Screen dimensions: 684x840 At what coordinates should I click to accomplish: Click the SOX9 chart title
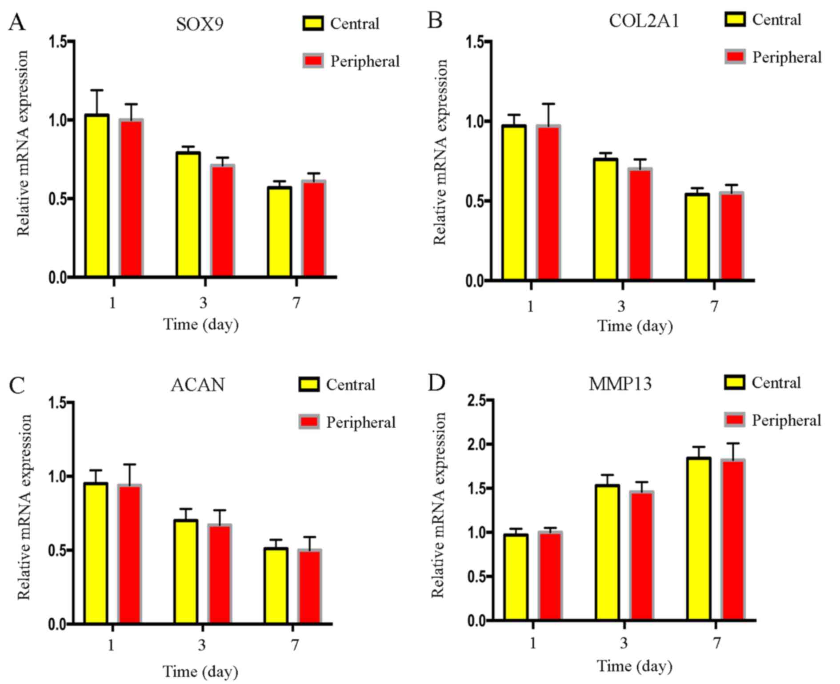point(200,24)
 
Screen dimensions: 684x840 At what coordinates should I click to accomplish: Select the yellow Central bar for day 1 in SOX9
point(97,195)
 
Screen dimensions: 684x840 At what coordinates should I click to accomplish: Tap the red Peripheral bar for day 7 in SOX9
point(314,228)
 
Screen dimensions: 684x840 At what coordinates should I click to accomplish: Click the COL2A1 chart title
point(644,21)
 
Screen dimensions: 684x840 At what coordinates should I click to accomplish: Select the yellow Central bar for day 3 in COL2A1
point(605,219)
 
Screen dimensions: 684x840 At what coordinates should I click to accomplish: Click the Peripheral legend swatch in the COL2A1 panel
point(735,57)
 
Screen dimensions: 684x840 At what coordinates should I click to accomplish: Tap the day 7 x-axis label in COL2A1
point(714,306)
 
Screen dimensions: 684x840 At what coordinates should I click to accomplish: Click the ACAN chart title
point(198,385)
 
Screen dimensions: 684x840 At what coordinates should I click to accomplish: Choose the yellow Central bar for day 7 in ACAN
point(276,585)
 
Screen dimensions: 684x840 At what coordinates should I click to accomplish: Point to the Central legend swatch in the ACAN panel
point(309,385)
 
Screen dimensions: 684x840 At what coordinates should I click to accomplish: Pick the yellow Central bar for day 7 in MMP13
point(699,538)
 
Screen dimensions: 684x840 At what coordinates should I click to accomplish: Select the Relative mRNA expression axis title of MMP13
point(439,505)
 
